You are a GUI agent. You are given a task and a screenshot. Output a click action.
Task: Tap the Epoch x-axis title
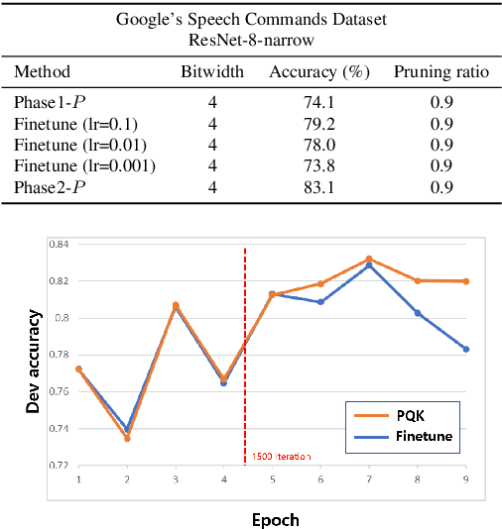(276, 518)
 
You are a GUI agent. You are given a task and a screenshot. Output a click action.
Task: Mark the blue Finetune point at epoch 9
(465, 349)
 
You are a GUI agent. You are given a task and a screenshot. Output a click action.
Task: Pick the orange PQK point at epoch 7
(369, 259)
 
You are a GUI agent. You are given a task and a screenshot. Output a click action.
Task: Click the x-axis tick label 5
(272, 478)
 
